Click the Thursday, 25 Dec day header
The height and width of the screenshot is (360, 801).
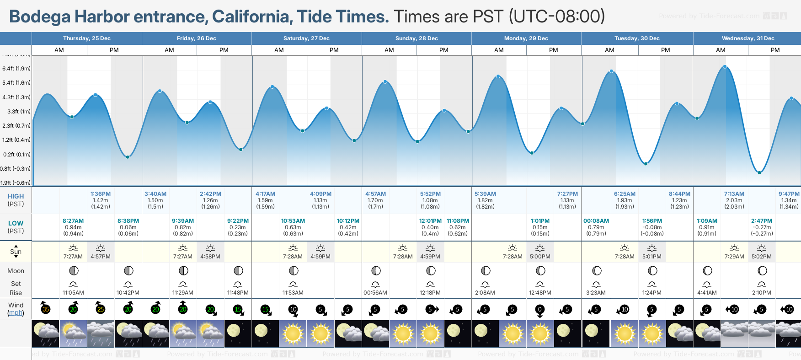pyautogui.click(x=86, y=38)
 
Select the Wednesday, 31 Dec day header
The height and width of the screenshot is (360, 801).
pyautogui.click(x=748, y=38)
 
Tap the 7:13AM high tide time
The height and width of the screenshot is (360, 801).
pyautogui.click(x=734, y=194)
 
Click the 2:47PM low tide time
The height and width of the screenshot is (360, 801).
pyautogui.click(x=761, y=221)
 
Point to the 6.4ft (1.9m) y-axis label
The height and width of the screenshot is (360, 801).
pyautogui.click(x=16, y=69)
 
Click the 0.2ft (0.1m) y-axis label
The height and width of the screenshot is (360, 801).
pyautogui.click(x=17, y=155)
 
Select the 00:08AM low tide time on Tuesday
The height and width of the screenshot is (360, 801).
pyautogui.click(x=596, y=221)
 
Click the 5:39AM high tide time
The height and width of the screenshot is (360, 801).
pyautogui.click(x=485, y=194)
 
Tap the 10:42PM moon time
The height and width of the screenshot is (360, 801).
pyautogui.click(x=128, y=293)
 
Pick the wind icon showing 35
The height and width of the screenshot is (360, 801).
pyautogui.click(x=46, y=309)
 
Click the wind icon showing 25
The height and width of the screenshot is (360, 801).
pyautogui.click(x=101, y=309)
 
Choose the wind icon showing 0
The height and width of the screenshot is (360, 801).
pyautogui.click(x=540, y=309)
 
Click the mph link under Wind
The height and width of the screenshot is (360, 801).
pyautogui.click(x=16, y=313)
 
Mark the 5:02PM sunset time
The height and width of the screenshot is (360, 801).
pyautogui.click(x=761, y=257)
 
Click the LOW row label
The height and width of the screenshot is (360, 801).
pyautogui.click(x=16, y=224)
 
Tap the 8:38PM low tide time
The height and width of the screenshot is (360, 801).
pyautogui.click(x=128, y=221)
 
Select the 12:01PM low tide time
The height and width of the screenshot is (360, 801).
pyautogui.click(x=430, y=221)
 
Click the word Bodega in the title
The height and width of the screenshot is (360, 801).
pyautogui.click(x=40, y=17)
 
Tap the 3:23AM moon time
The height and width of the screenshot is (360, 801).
pyautogui.click(x=596, y=293)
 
